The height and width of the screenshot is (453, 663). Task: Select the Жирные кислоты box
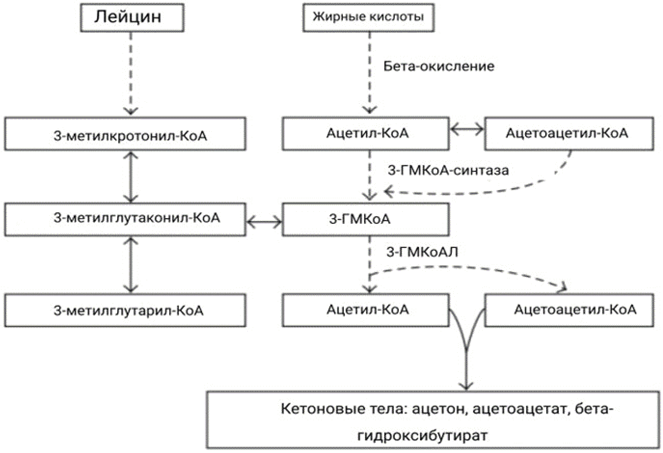368,17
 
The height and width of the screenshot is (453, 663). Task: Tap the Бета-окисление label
439,66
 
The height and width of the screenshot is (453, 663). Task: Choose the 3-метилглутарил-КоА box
125,310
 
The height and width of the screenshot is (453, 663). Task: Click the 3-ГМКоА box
365,219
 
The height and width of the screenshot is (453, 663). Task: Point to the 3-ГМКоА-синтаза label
448,170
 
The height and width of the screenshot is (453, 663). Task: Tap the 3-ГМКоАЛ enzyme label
422,252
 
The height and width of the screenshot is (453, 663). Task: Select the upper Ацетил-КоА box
365,133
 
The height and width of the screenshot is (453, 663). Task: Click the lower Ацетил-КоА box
365,310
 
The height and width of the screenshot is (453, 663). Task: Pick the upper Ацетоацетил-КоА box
569,133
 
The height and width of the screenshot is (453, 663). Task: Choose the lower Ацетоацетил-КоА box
569,310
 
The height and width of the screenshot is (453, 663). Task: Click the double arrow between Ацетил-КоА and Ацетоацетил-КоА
467,129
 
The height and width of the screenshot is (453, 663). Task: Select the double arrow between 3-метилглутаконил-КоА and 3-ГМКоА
264,222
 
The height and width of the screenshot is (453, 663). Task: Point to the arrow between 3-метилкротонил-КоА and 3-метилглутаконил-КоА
131,177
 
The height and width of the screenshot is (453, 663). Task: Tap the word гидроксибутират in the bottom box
422,436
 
